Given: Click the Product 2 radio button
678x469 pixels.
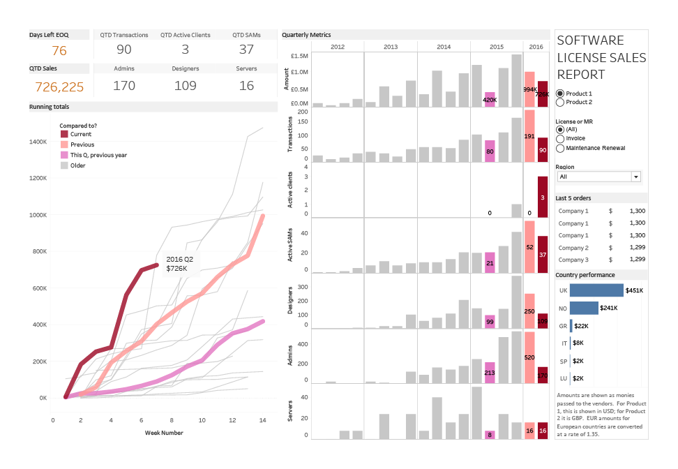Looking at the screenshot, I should tap(560, 103).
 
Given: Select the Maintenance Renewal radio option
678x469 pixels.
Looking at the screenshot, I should tap(560, 148).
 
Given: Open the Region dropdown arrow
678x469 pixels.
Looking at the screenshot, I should tap(635, 177).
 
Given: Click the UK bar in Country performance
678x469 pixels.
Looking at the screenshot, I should tap(596, 290).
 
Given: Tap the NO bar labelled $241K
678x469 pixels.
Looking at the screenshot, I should tap(584, 308).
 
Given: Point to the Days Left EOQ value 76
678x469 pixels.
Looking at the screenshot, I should tap(59, 50).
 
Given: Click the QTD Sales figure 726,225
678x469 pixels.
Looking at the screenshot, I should tap(59, 87).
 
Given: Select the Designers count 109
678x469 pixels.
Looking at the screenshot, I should tap(185, 86).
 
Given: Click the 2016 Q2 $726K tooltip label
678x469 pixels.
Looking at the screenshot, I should tap(179, 264).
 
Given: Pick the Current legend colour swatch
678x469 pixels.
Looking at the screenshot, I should tap(65, 134).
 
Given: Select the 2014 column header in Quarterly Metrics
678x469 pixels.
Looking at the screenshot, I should tap(444, 46).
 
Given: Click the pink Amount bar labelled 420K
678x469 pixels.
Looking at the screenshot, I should tap(490, 100).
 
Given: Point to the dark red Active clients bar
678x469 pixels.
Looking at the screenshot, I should tap(543, 197).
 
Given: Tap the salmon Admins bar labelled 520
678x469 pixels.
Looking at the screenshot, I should tap(529, 357).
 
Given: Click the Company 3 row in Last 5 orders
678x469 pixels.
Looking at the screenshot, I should tap(573, 259).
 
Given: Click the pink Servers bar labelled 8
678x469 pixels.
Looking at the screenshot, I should tap(490, 435).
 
